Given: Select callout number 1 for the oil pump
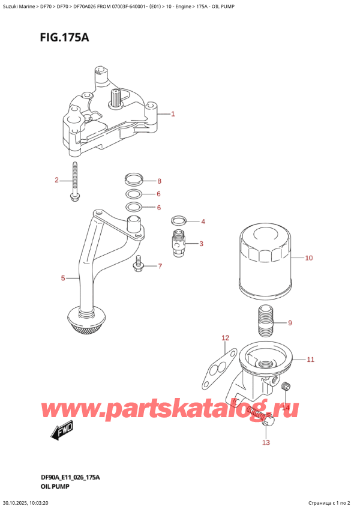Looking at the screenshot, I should [x=173, y=113].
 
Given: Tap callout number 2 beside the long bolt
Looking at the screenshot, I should [x=56, y=180].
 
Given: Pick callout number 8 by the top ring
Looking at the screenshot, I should [x=159, y=181].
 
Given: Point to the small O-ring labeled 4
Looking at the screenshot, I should [x=178, y=220].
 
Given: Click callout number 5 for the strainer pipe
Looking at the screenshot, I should [x=63, y=278].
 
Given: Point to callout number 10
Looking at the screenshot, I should [x=309, y=259].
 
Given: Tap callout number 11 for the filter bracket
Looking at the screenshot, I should [x=310, y=360].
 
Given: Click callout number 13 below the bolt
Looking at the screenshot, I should [x=266, y=442].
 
